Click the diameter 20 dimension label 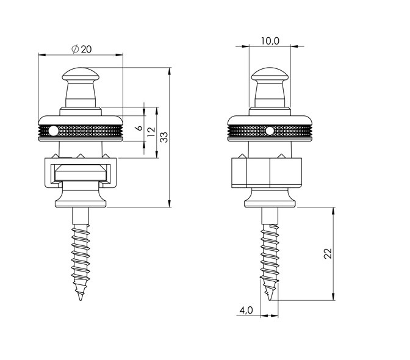point(82,49)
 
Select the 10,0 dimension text point(270,41)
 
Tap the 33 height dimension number point(164,137)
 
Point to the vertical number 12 point(151,132)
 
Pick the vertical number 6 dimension point(140,128)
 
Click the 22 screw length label point(328,253)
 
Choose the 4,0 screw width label point(246,310)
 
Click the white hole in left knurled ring point(53,131)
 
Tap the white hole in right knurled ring point(270,131)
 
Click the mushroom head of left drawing point(81,74)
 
